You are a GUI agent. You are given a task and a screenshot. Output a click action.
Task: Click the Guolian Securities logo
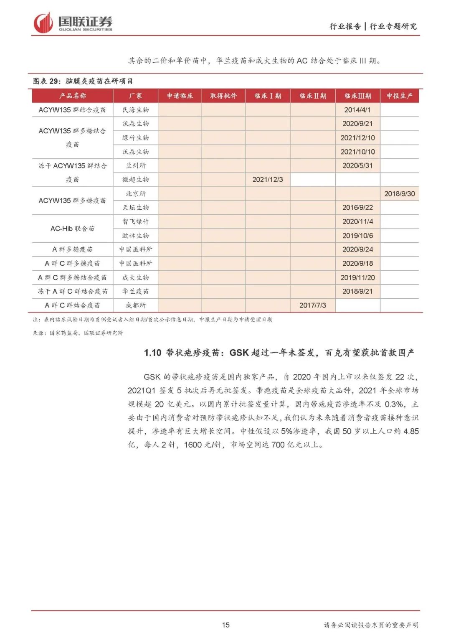[x=73, y=23]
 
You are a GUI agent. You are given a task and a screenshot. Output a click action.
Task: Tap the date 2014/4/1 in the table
[x=357, y=110]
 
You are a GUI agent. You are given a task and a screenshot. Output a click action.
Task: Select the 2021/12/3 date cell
[x=268, y=180]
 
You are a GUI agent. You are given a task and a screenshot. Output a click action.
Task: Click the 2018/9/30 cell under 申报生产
[x=400, y=194]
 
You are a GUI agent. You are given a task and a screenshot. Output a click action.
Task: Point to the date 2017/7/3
[x=313, y=305]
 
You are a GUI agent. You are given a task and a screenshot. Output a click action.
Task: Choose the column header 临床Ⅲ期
[x=357, y=96]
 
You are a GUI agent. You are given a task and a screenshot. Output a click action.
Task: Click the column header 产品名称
[x=73, y=96]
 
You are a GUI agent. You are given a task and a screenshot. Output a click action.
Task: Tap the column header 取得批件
[x=223, y=96]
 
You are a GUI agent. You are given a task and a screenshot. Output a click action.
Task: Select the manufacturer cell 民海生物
[x=136, y=110]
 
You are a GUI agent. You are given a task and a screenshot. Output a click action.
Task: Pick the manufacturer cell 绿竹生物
[x=136, y=138]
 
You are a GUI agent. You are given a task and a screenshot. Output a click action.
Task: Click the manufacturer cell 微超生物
[x=136, y=180]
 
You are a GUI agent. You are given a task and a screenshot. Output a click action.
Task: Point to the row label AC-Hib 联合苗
[x=73, y=229]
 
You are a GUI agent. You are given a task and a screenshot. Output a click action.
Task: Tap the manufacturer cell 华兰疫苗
[x=136, y=291]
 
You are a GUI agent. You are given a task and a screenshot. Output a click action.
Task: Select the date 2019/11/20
[x=357, y=277]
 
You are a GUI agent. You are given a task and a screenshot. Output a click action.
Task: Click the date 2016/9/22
[x=357, y=208]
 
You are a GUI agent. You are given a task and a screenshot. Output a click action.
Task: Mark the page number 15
[x=225, y=625]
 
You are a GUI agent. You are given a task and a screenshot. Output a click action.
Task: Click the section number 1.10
[x=152, y=353]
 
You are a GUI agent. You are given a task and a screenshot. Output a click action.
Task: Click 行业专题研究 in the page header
[x=393, y=26]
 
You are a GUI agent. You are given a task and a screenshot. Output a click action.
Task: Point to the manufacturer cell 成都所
[x=136, y=305]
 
